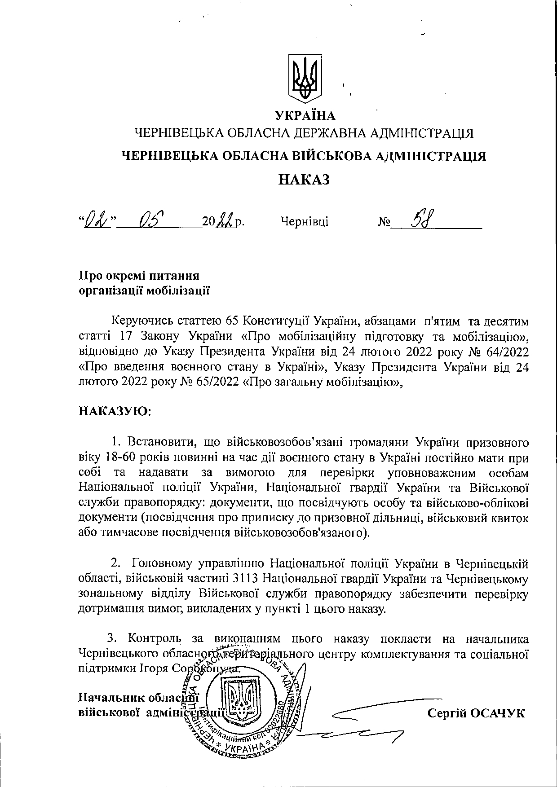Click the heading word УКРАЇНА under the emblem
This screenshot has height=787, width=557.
pos(305,116)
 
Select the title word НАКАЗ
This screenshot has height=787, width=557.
pos(305,180)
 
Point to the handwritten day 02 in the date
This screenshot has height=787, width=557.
pos(98,220)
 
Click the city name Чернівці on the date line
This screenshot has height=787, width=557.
pos(304,221)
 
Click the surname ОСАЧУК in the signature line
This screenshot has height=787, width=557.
pos(496,713)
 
